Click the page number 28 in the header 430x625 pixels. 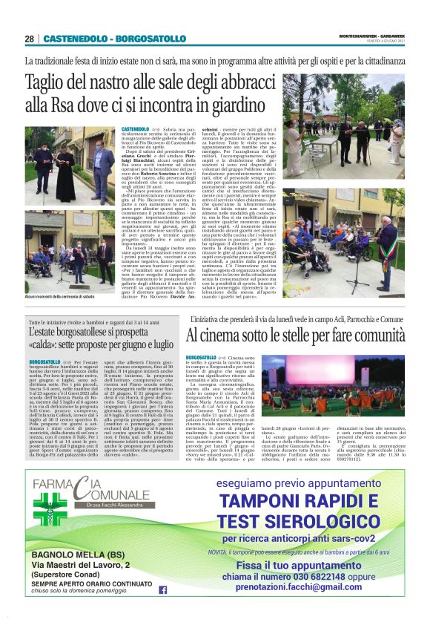point(29,39)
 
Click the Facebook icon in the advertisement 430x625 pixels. point(162,589)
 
